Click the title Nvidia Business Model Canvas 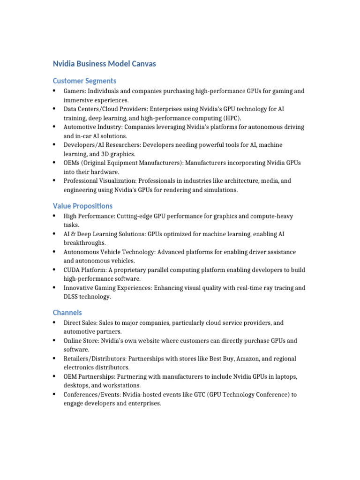point(104,64)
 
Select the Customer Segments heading point(84,81)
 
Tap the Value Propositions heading point(82,206)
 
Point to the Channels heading point(67,313)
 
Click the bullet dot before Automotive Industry point(54,127)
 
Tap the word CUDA point(72,270)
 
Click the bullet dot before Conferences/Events point(54,394)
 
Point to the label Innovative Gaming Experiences point(107,288)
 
